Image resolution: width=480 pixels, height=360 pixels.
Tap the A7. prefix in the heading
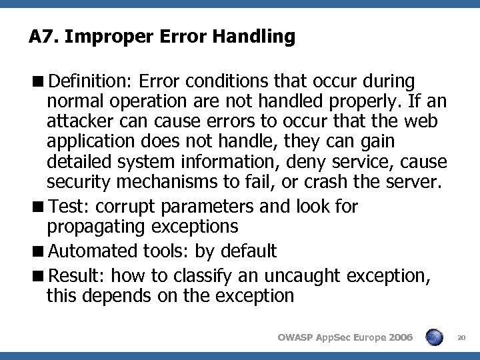point(45,37)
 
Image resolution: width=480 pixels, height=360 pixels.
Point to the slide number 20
point(461,338)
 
